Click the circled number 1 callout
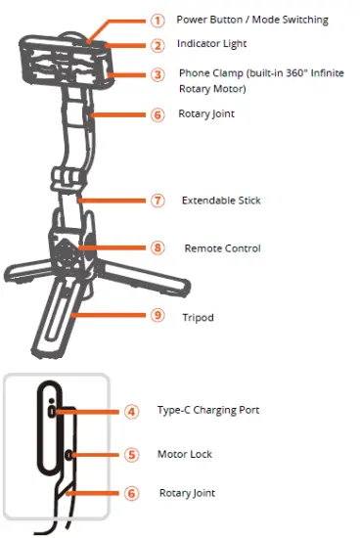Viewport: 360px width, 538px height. pos(157,20)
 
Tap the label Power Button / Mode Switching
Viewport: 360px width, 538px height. pos(251,20)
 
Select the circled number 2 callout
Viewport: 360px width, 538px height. pos(157,45)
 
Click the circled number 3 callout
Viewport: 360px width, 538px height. pos(157,74)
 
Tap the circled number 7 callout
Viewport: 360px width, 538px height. pos(157,201)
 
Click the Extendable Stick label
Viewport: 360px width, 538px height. pos(221,201)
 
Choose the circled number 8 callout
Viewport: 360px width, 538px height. pos(157,248)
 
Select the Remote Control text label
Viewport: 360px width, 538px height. pos(222,248)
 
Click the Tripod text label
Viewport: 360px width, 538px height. pos(198,317)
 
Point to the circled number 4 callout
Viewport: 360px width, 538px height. pos(133,411)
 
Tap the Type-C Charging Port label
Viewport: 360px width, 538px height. pos(207,410)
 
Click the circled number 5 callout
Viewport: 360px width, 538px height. pos(133,454)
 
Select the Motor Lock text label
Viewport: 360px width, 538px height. pos(184,455)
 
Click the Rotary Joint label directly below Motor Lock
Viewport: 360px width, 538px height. pos(187,493)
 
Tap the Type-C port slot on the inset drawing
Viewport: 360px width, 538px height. pos(51,412)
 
